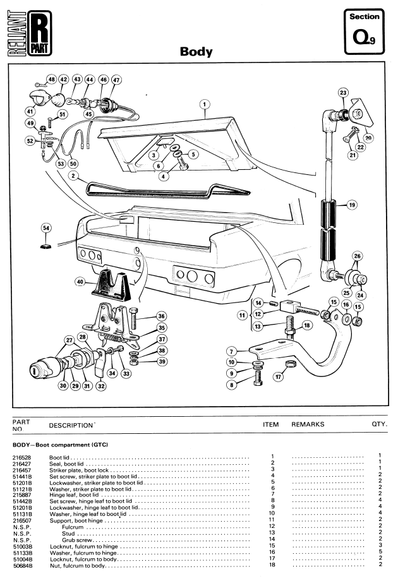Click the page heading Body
click(x=197, y=52)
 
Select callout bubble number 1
click(x=206, y=103)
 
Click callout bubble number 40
click(x=80, y=282)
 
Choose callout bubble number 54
click(x=45, y=227)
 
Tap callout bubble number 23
click(x=343, y=93)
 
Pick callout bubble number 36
click(x=161, y=316)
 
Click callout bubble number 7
click(x=232, y=351)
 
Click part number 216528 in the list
click(x=21, y=455)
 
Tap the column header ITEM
click(x=270, y=425)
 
